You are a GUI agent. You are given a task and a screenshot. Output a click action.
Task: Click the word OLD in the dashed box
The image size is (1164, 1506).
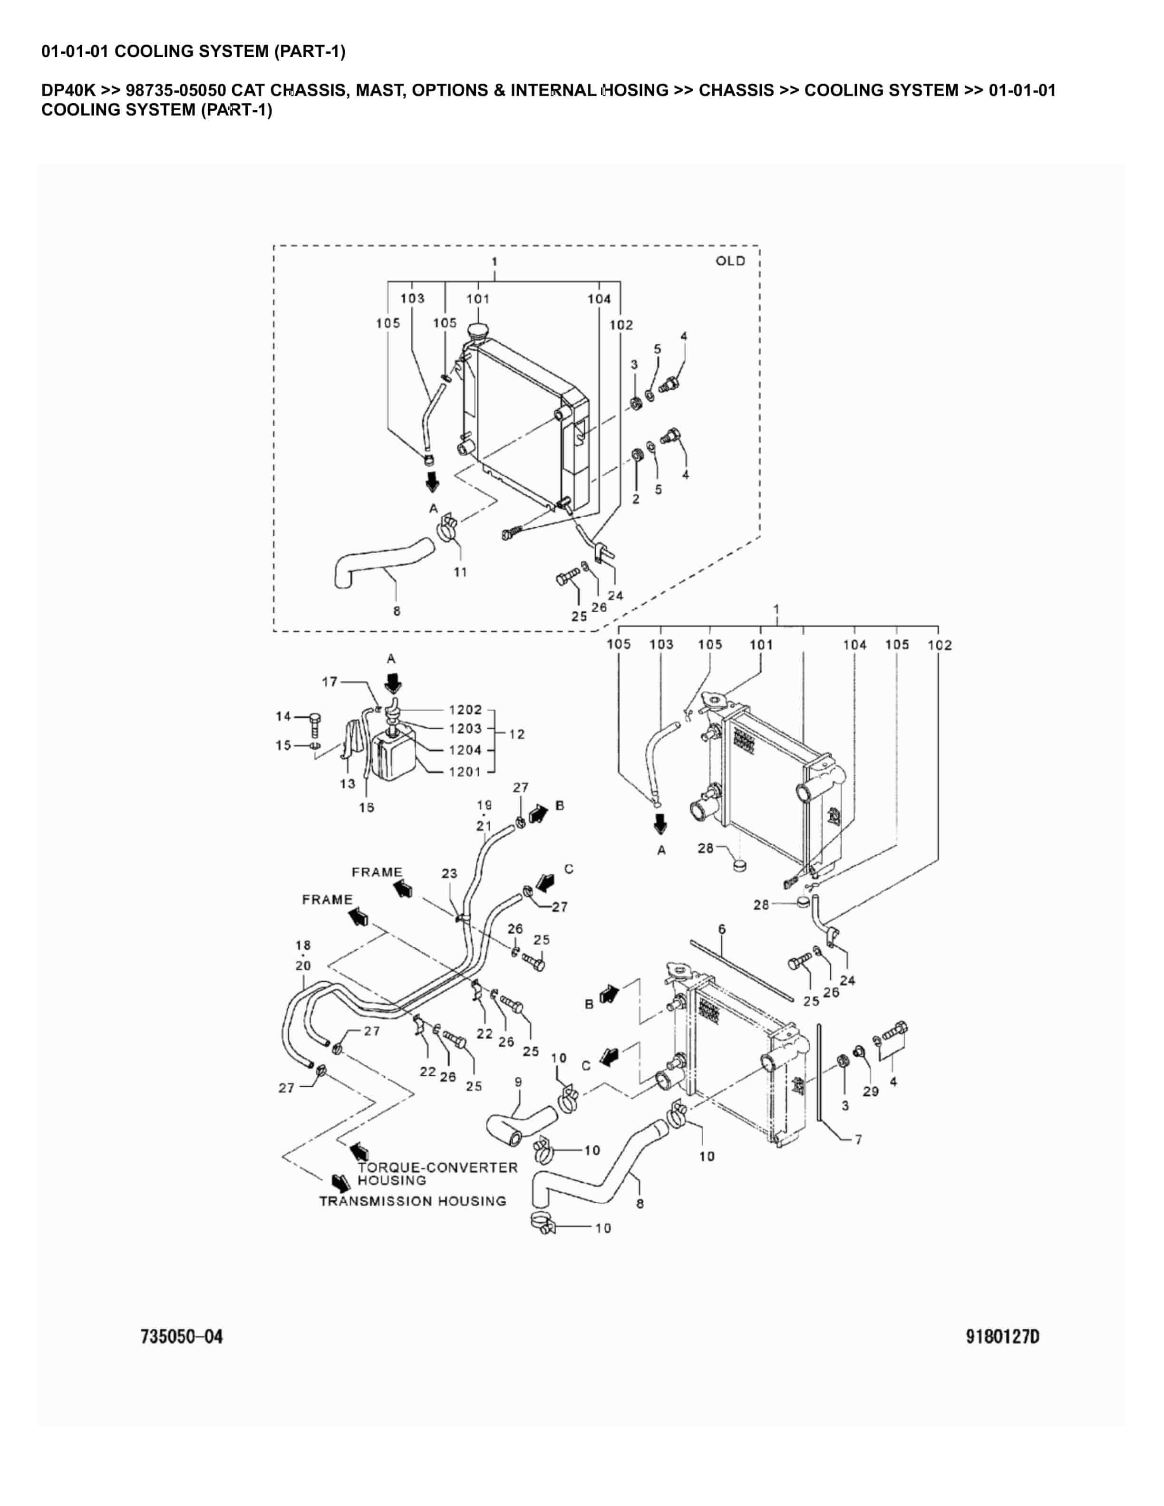[x=730, y=261]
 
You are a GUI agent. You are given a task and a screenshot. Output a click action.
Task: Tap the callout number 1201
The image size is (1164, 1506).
[x=465, y=772]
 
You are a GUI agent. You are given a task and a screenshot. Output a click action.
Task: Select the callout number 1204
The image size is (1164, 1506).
[x=465, y=750]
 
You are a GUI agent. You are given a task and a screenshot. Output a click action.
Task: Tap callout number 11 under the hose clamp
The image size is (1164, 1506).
[x=460, y=572]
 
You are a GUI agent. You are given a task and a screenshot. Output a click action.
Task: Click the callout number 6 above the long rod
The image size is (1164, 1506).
[x=721, y=929]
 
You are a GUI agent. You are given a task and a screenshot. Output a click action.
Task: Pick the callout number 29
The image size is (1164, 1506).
[x=870, y=1091]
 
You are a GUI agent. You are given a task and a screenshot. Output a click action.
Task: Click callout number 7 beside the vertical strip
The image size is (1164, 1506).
[x=858, y=1140]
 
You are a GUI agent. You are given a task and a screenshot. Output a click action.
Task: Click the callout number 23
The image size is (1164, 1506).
[x=449, y=874]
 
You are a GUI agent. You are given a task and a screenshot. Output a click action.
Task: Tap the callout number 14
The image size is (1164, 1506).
[x=283, y=716]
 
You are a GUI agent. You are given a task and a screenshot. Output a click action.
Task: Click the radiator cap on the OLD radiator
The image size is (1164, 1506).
[x=476, y=332]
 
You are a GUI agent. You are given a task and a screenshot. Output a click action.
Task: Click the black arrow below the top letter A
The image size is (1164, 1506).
[x=392, y=683]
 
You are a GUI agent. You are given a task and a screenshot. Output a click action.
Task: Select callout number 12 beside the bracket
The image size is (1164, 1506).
[x=516, y=734]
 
